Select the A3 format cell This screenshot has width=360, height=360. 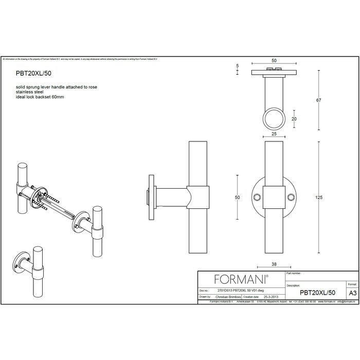click(x=352, y=292)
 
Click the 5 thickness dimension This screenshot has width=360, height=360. click(x=237, y=66)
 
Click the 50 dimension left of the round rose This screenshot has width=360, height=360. click(x=238, y=197)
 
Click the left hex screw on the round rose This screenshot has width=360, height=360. click(x=258, y=196)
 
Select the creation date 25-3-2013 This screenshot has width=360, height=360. click(x=271, y=297)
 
